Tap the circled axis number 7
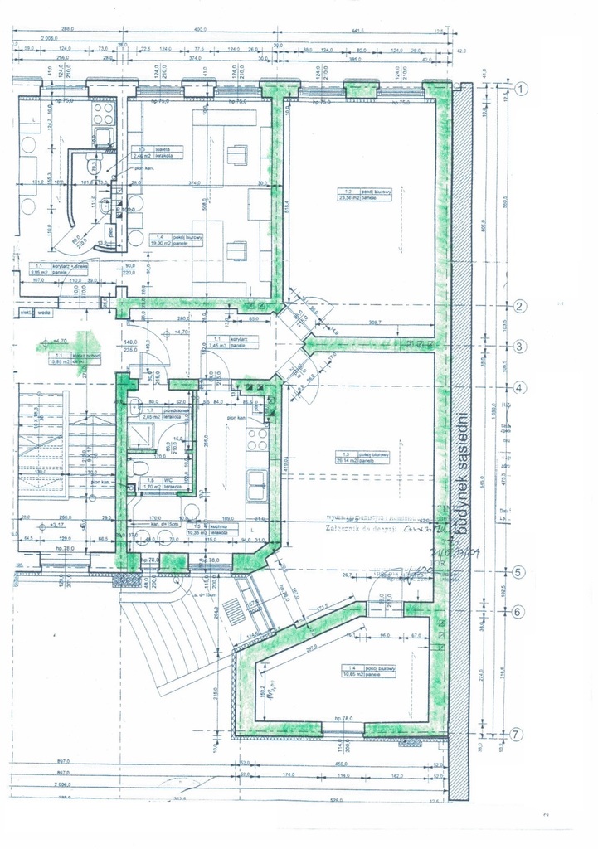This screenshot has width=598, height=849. tap(516, 735)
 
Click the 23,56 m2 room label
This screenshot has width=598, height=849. tap(358, 195)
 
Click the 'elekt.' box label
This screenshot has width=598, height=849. tap(26, 313)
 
